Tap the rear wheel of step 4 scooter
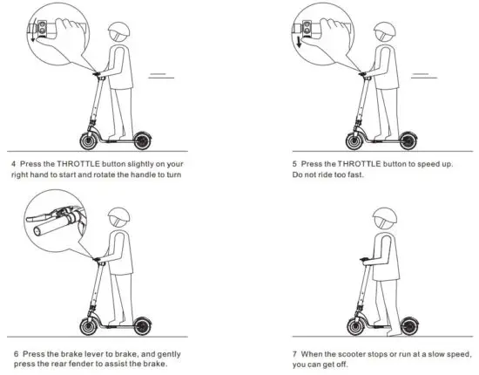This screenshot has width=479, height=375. click(141, 139)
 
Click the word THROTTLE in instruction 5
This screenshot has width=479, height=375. click(361, 164)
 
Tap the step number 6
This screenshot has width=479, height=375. click(15, 353)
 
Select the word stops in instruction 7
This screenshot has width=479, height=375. click(373, 353)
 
